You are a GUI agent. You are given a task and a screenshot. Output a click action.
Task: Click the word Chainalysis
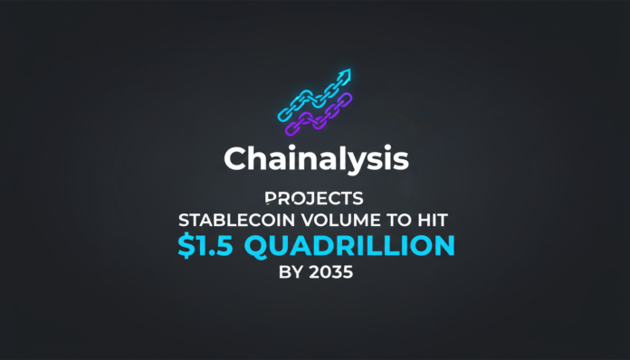click(x=315, y=159)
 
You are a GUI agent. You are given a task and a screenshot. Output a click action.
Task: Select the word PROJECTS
click(x=315, y=196)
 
